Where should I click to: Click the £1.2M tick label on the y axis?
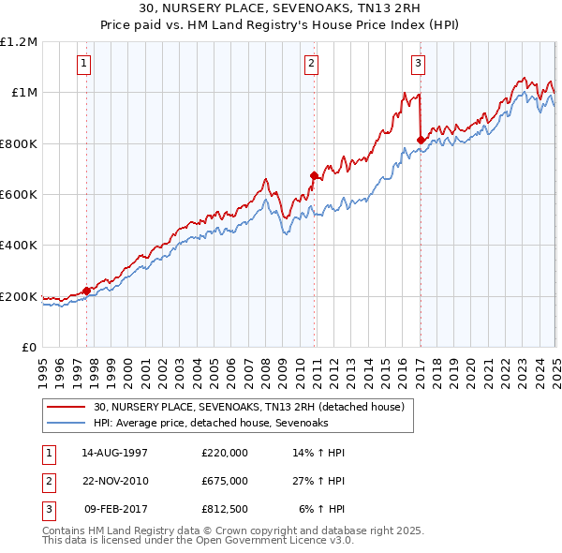point(19,42)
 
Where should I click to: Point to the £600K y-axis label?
point(19,195)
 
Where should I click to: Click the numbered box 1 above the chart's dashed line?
point(84,64)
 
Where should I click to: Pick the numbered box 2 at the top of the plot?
point(311,64)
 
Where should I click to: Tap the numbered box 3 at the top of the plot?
point(418,64)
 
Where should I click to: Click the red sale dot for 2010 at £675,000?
point(315,174)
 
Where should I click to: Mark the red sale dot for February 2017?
point(421,140)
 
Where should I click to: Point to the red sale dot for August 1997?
point(87,291)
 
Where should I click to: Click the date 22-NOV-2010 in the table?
point(115,481)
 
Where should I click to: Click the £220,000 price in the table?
point(225,453)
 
